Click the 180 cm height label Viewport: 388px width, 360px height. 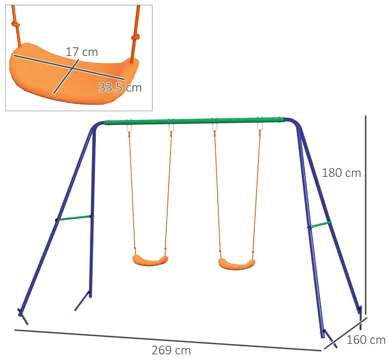pyautogui.click(x=341, y=173)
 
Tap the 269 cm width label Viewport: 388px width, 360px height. pyautogui.click(x=171, y=350)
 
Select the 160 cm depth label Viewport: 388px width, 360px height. pyautogui.click(x=366, y=340)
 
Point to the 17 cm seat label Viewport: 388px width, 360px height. pyautogui.click(x=82, y=52)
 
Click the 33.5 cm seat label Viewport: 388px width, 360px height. pyautogui.click(x=120, y=88)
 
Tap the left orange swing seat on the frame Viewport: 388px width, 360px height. pyautogui.click(x=150, y=260)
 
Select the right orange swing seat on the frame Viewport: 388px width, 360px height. pyautogui.click(x=237, y=264)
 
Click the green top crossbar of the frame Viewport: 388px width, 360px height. pyautogui.click(x=194, y=121)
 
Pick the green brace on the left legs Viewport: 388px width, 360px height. pyautogui.click(x=75, y=218)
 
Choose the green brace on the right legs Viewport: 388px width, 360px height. pyautogui.click(x=321, y=225)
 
